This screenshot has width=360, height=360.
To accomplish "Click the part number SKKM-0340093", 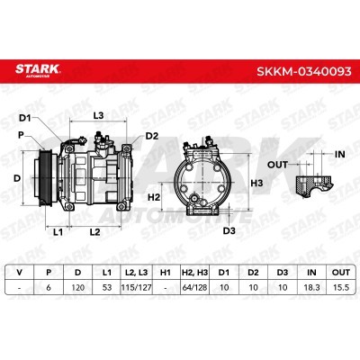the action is (303, 72).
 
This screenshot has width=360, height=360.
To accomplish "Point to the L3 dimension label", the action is (98, 115).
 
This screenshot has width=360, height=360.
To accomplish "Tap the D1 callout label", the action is (25, 118).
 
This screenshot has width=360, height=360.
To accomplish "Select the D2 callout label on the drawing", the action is (152, 136).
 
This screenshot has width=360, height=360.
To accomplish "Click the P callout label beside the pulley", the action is (21, 135).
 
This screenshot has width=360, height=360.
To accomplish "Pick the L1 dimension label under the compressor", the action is (58, 231).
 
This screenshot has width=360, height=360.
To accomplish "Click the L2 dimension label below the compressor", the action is (94, 231).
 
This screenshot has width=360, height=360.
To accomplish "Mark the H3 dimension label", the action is (256, 183).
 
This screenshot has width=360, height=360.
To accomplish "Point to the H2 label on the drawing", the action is (154, 197).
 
